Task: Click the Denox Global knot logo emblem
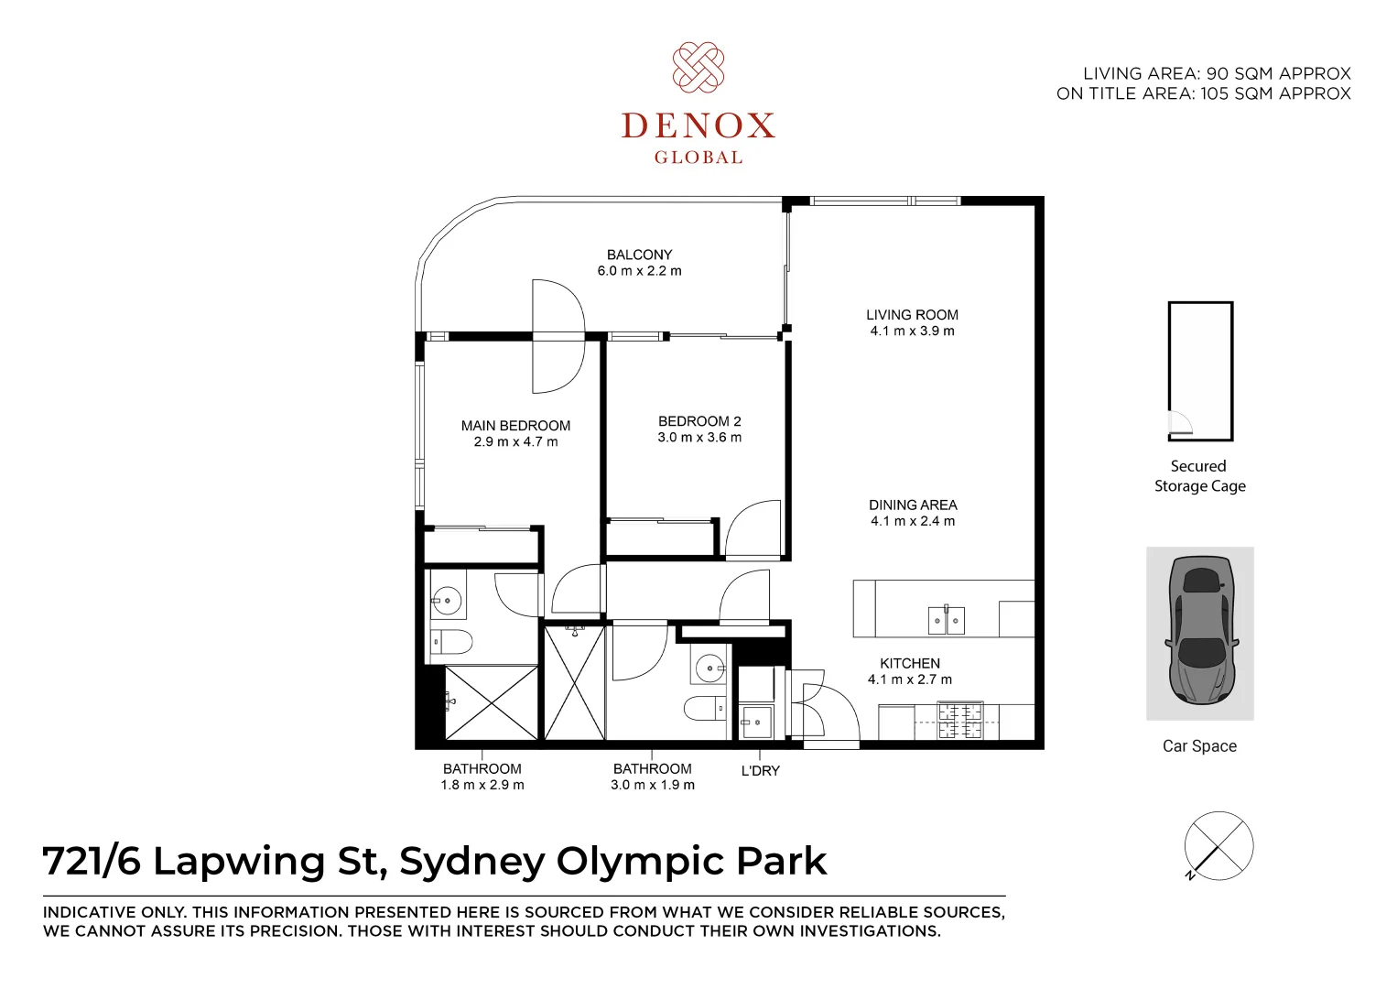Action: pos(698,67)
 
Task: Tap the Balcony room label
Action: pos(639,255)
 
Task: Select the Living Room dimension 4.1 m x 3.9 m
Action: pos(912,331)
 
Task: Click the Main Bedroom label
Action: pos(515,426)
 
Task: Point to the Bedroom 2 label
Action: pos(699,421)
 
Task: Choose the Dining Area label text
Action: pos(913,505)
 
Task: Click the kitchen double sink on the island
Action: pos(946,621)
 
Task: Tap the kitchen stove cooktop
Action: pos(959,720)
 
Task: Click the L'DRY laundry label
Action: pos(760,771)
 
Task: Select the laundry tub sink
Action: pos(756,722)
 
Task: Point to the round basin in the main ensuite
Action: pos(448,603)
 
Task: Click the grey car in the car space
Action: pos(1200,631)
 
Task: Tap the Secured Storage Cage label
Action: pos(1199,476)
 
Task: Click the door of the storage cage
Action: pos(1180,422)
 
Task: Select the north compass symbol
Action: pos(1218,846)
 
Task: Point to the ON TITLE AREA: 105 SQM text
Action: pos(1203,93)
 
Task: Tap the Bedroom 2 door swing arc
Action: pos(753,527)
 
